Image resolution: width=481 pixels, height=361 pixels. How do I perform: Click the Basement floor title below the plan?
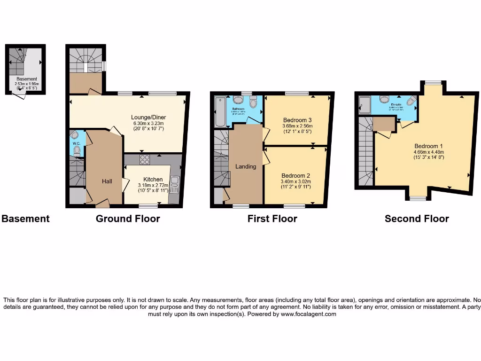[x=25, y=219]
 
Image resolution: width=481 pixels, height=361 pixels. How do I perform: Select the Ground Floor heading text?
[x=128, y=219]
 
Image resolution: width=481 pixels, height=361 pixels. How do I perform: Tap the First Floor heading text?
[x=272, y=219]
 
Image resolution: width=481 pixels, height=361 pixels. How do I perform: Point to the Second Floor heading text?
[x=417, y=219]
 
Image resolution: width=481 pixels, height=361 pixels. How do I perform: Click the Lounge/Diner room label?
[x=149, y=118]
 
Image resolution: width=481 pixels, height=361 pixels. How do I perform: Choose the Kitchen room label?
[x=153, y=179]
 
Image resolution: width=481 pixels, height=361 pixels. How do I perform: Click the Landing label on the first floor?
[x=246, y=166]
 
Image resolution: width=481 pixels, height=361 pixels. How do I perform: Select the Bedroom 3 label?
[x=297, y=120]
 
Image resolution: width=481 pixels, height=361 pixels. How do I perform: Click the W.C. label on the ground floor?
[x=76, y=143]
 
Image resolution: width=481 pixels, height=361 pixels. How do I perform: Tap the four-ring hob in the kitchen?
[x=145, y=160]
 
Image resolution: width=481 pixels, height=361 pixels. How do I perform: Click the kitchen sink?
[x=174, y=185]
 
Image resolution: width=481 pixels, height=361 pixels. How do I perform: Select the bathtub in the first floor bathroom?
[x=219, y=111]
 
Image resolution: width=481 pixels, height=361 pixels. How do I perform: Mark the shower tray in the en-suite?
[x=365, y=106]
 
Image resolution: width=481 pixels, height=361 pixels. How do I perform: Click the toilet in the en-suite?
[x=384, y=99]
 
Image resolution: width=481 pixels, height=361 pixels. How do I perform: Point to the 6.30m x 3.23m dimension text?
[x=149, y=124]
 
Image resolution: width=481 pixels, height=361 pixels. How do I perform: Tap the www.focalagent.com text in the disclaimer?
[x=309, y=314]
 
